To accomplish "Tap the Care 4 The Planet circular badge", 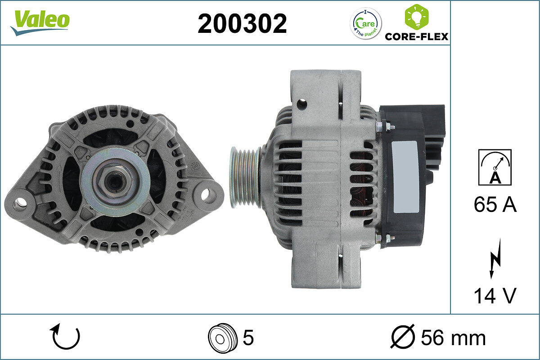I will coord(365,24).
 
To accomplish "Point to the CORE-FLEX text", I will coord(416,36).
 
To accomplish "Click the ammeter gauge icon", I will coord(495,167).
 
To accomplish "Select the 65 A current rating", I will coord(495,205).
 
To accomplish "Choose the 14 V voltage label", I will coord(495,296).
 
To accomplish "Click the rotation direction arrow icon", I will coord(66,337).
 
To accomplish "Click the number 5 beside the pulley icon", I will coord(248,337).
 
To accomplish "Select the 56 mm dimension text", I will coord(453,337).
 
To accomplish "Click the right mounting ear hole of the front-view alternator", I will coord(206,194).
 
